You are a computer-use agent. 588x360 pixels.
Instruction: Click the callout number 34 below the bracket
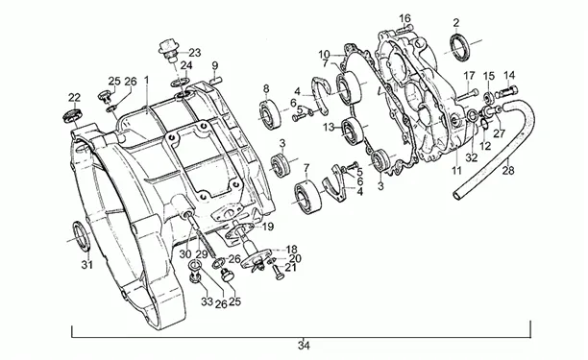pyautogui.click(x=304, y=346)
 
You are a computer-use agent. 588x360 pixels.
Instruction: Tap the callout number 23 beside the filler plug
pyautogui.click(x=195, y=53)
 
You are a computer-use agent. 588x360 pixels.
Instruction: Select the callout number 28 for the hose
pyautogui.click(x=508, y=171)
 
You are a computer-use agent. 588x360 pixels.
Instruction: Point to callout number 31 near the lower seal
pyautogui.click(x=87, y=265)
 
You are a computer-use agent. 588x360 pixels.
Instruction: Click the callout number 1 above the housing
pyautogui.click(x=147, y=81)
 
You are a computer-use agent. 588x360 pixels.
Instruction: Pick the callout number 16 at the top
pyautogui.click(x=405, y=18)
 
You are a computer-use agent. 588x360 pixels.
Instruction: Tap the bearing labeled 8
pyautogui.click(x=269, y=114)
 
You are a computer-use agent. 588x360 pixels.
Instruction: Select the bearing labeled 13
pyautogui.click(x=353, y=131)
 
